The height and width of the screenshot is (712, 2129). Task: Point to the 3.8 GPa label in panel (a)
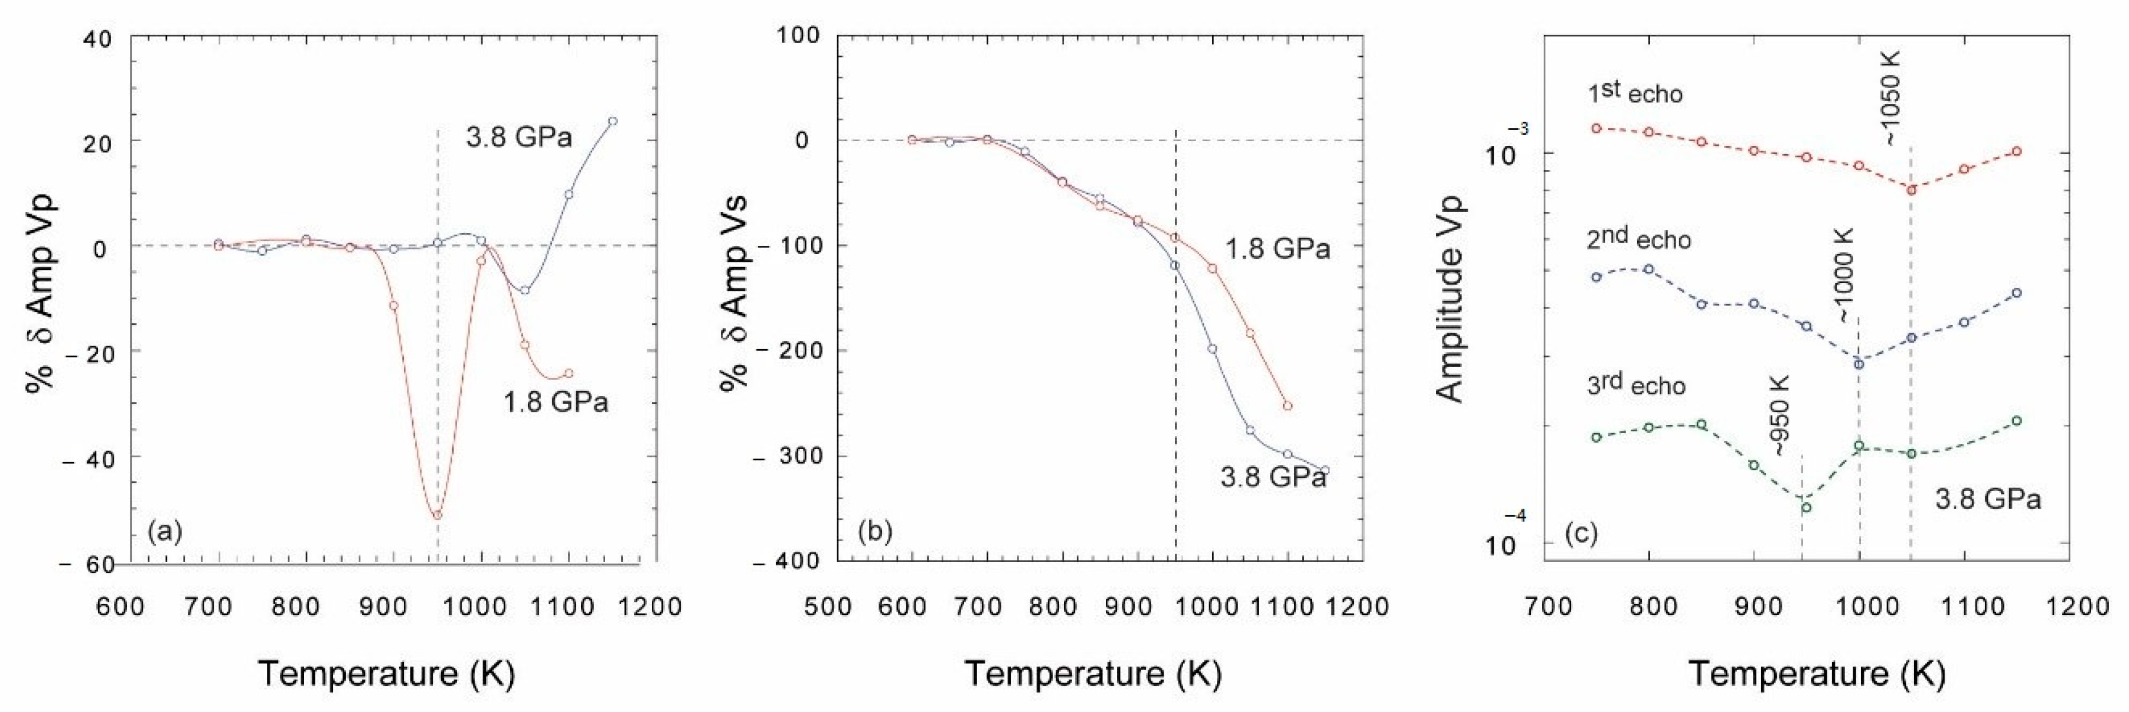(x=518, y=136)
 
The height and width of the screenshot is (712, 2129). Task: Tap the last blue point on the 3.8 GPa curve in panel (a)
(x=612, y=121)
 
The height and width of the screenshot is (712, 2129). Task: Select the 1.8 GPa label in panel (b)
(x=1277, y=248)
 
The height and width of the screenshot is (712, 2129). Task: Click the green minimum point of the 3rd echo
(x=1807, y=507)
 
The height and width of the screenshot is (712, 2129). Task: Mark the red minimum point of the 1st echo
(x=1911, y=189)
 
